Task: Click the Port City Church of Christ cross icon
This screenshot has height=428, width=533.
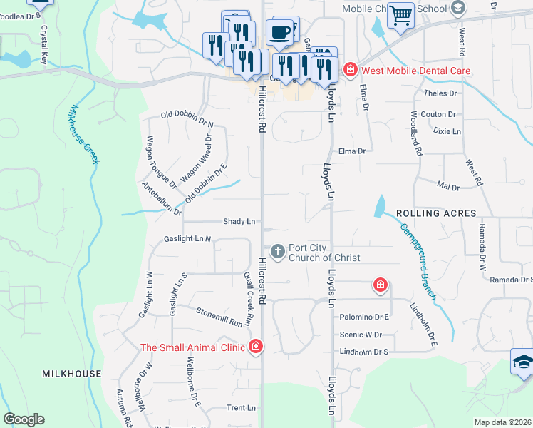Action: (277, 252)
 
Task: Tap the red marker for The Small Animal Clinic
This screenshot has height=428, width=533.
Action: (255, 347)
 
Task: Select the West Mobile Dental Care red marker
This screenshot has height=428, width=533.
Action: (350, 70)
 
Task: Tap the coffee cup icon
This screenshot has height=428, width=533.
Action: (279, 32)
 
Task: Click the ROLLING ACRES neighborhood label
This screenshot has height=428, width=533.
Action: (435, 213)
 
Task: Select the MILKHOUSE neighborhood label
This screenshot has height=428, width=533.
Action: (71, 374)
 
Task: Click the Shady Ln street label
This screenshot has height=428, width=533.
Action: (239, 222)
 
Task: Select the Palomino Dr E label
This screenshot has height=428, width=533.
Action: (364, 317)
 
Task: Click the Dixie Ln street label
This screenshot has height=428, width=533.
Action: (447, 132)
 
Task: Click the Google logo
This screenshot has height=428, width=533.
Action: (24, 419)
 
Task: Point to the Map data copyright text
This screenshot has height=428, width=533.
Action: (502, 422)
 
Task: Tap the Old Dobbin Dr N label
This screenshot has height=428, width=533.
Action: (187, 114)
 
